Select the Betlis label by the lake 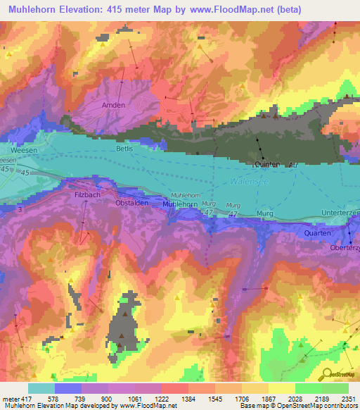click(x=123, y=150)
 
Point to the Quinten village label click(x=266, y=163)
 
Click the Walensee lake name click(x=247, y=182)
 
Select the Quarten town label click(x=317, y=232)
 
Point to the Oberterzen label click(x=345, y=249)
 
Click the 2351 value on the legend click(x=347, y=399)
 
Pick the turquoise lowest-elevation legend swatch click(x=41, y=388)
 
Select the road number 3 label click(x=7, y=210)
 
